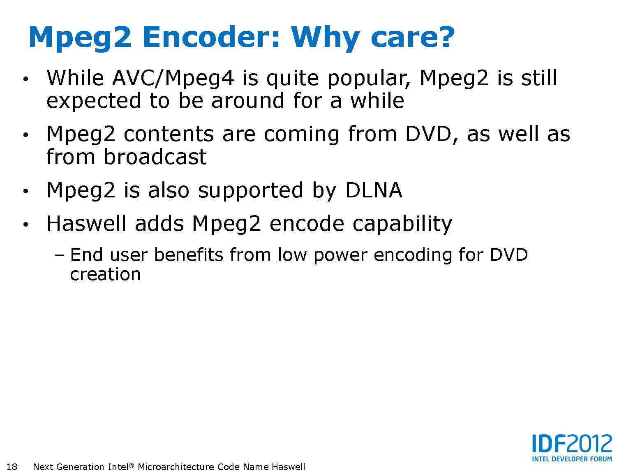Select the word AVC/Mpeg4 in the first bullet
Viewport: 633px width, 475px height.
tap(173, 78)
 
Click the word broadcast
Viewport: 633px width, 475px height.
tap(155, 157)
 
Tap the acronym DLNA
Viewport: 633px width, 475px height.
tap(374, 190)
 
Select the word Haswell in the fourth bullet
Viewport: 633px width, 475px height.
tap(86, 223)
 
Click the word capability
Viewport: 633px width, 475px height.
tap(402, 225)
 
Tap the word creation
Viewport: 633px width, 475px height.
tap(105, 274)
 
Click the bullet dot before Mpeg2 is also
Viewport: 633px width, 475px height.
tap(26, 191)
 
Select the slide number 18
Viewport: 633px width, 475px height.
tap(12, 466)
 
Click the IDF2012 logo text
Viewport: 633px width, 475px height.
tap(572, 443)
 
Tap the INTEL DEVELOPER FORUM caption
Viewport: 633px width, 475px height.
tap(572, 459)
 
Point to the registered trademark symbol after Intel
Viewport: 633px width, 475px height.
tap(132, 465)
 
